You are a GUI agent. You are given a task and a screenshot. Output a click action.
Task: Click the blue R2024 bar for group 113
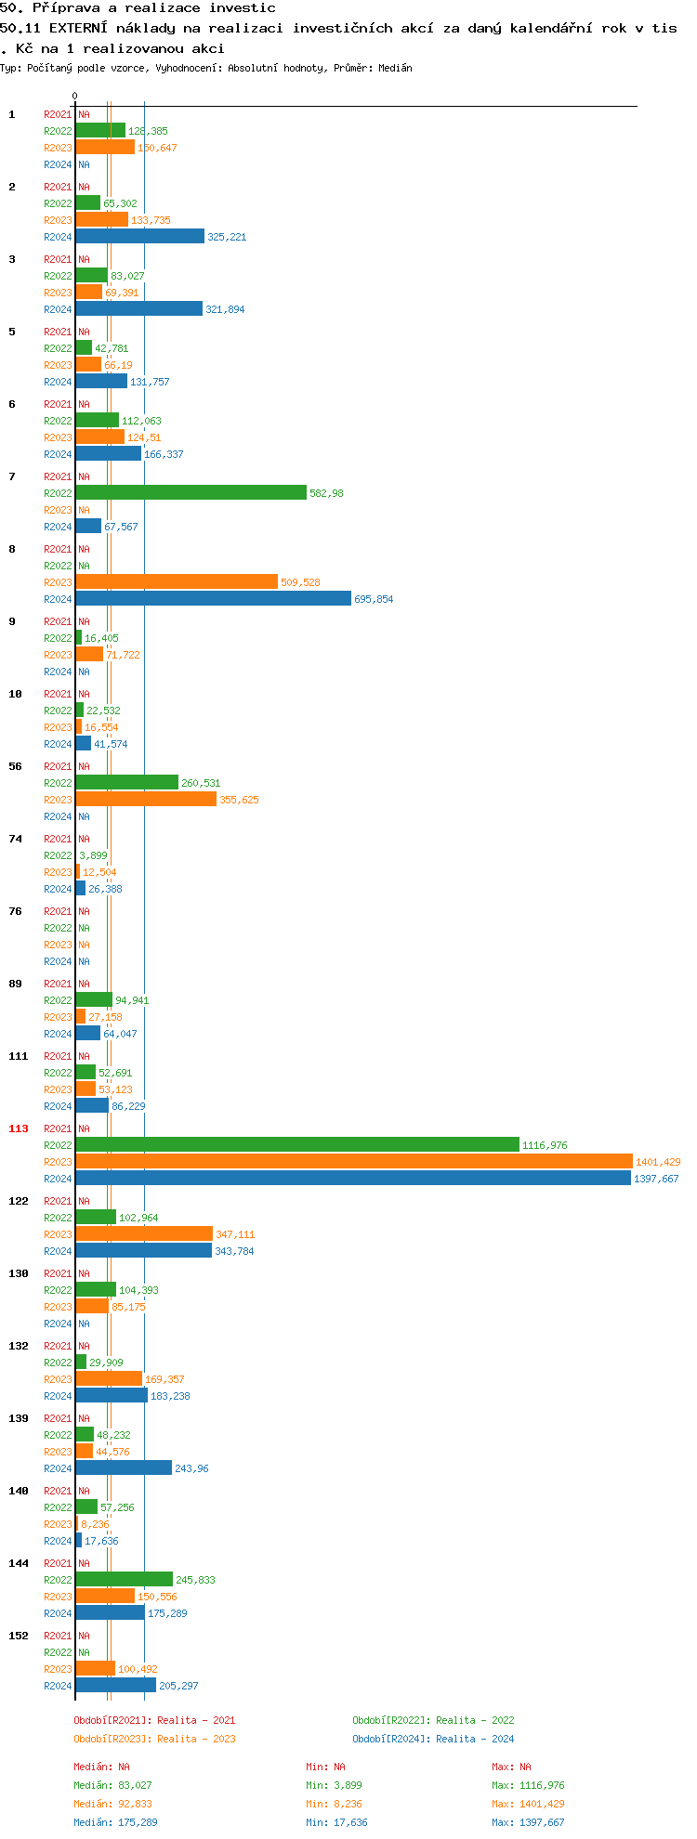coord(353,1178)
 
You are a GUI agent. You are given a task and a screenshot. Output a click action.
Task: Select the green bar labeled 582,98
coord(191,493)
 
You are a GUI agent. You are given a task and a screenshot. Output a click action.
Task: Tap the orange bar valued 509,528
coord(177,582)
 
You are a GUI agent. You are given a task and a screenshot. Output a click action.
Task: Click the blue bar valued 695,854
coord(213,599)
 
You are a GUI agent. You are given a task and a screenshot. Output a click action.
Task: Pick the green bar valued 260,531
coord(126,783)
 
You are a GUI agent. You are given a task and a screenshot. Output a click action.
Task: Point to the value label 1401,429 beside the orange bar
coord(657,1162)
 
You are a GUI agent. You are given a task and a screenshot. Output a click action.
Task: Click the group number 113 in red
coord(19,1128)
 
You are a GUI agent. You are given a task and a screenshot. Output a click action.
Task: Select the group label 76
coord(16,911)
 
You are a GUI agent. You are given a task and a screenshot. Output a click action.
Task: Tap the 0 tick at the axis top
coord(74,96)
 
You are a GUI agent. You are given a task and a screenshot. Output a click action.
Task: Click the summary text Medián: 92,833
coord(112,1804)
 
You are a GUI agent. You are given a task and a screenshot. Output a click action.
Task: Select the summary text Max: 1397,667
coord(528,1822)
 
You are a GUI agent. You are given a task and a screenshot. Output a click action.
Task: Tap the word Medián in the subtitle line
coord(395,68)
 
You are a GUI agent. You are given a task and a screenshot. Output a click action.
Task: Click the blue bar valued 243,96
coord(124,1468)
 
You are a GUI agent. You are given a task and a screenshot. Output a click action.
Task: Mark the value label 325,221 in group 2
coord(227,237)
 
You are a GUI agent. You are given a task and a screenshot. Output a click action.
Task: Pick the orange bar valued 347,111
coord(144,1234)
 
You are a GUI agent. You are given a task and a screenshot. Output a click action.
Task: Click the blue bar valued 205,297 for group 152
coord(115,1686)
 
